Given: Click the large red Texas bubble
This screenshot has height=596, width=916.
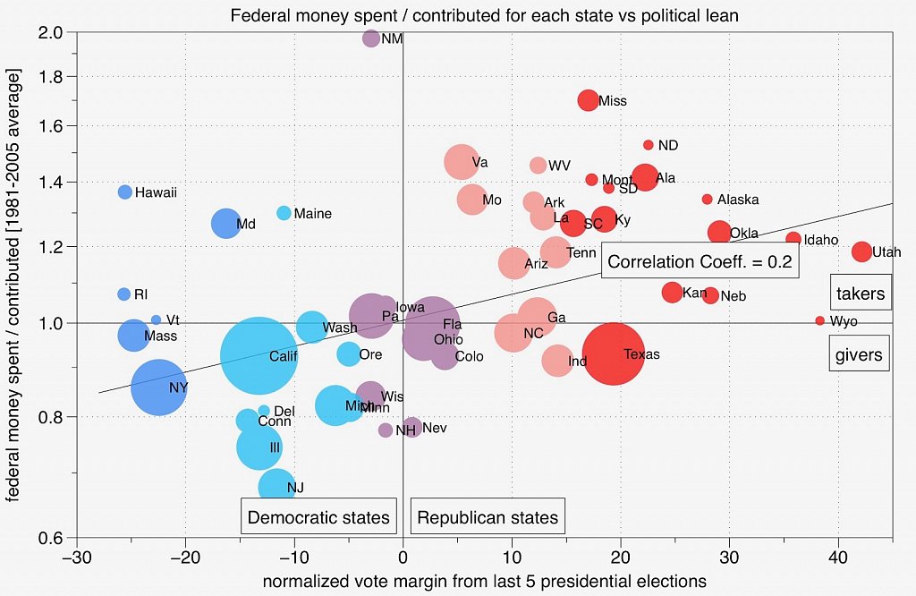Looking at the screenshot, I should [x=614, y=353].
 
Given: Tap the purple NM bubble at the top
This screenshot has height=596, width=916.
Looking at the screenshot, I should [x=371, y=38].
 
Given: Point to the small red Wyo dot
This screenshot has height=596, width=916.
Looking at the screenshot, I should [x=820, y=320].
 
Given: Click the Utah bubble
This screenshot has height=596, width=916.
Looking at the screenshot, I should [x=861, y=251].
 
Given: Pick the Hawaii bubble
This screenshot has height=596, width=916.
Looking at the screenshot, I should [x=125, y=192].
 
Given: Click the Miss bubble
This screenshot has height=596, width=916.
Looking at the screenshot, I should [x=588, y=100].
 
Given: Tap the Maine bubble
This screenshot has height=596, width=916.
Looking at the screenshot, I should [x=284, y=213].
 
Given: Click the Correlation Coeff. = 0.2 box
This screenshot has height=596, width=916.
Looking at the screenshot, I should [x=700, y=261].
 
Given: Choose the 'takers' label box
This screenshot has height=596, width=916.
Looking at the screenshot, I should [x=860, y=293].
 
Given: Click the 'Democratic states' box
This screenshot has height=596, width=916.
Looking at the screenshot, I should [x=318, y=516].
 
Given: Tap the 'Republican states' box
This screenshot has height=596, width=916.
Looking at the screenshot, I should [x=488, y=516].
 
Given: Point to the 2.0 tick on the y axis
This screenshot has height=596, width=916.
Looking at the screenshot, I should [x=56, y=33].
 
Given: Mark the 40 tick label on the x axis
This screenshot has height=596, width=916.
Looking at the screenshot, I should [x=838, y=556].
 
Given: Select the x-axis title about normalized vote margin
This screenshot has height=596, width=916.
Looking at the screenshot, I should [x=484, y=581].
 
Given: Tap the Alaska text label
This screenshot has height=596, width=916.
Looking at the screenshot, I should [x=738, y=200].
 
